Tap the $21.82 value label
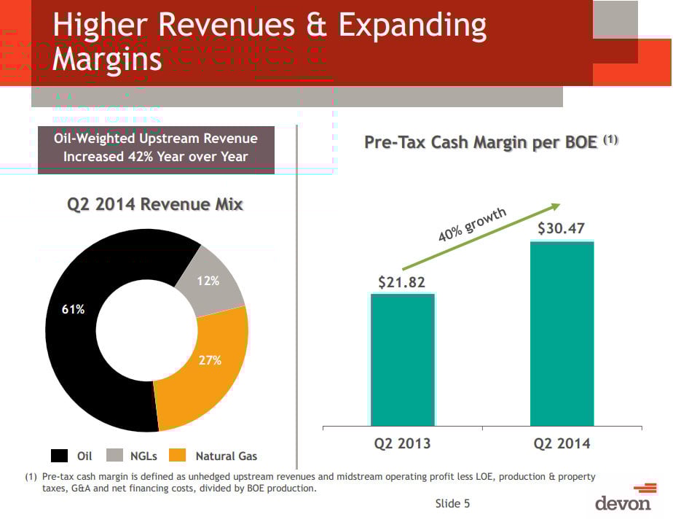[x=401, y=282]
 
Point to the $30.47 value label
[x=562, y=229]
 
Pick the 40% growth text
[x=471, y=225]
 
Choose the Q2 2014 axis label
[x=562, y=443]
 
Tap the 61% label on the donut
[x=73, y=309]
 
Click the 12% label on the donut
[x=208, y=280]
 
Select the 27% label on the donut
[x=210, y=360]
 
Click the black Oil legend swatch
[x=60, y=456]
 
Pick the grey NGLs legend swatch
[x=115, y=456]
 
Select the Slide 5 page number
[x=453, y=503]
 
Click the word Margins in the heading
[x=107, y=59]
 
